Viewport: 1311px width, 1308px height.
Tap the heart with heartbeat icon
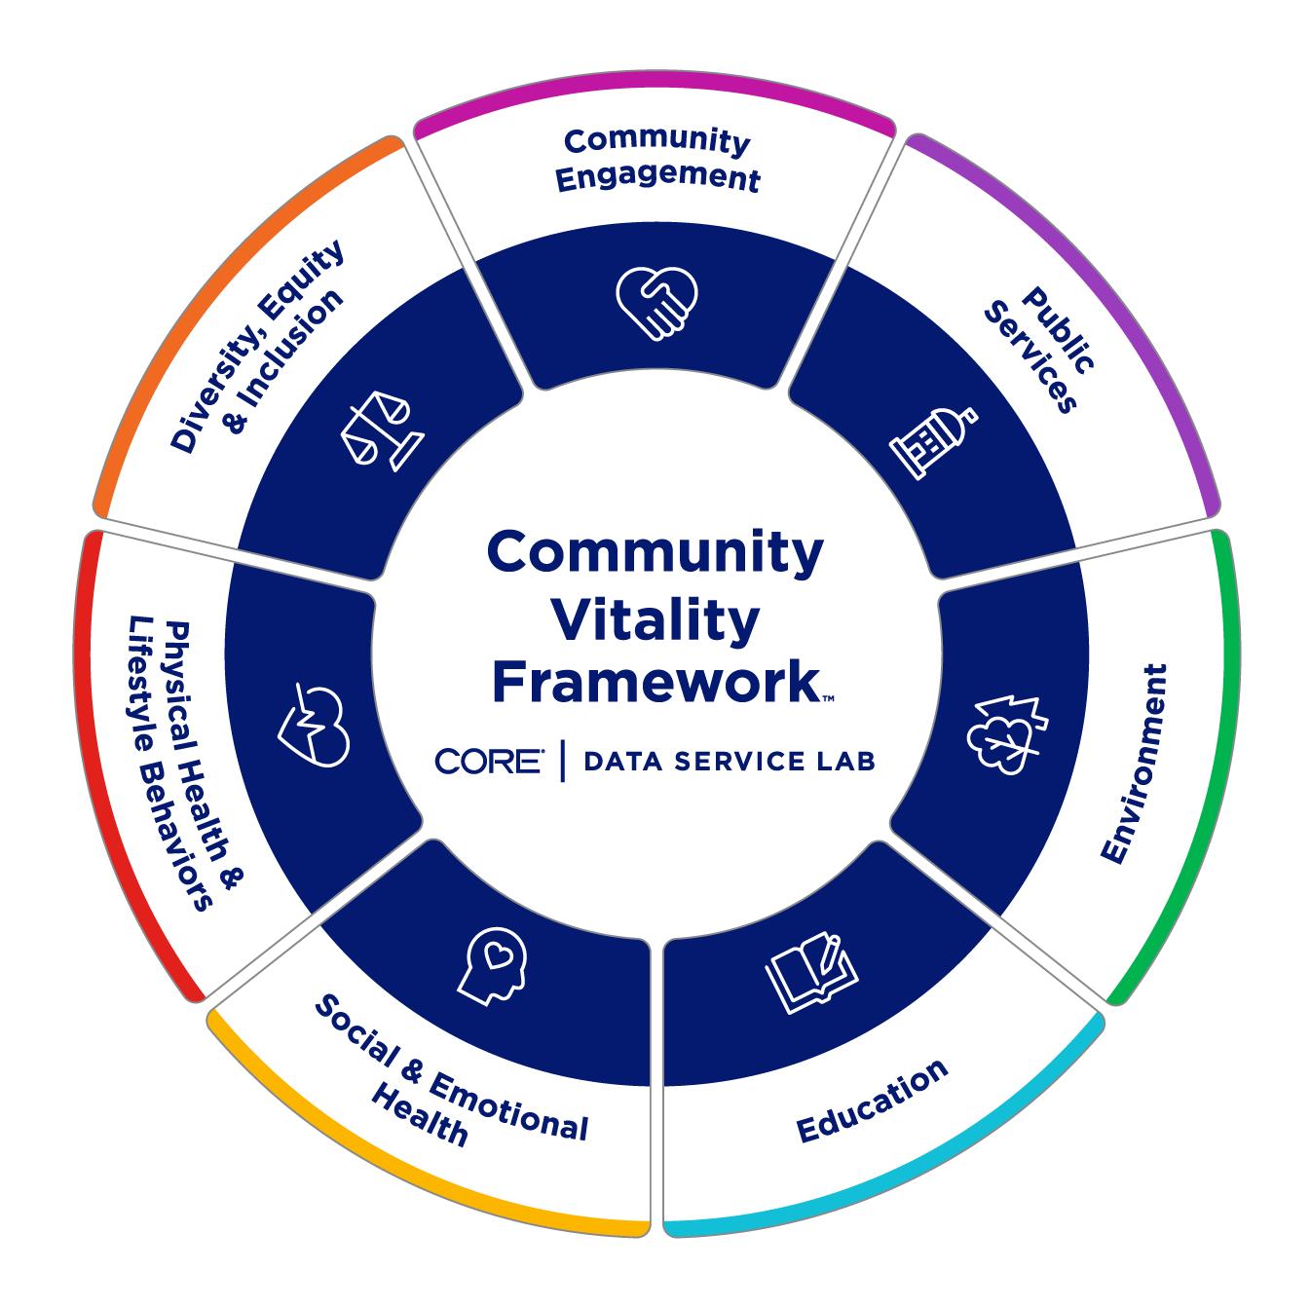(x=315, y=725)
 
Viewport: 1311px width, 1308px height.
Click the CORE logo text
(x=490, y=761)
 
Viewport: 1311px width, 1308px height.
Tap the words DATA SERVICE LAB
(x=729, y=762)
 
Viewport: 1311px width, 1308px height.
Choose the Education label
(x=872, y=1100)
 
